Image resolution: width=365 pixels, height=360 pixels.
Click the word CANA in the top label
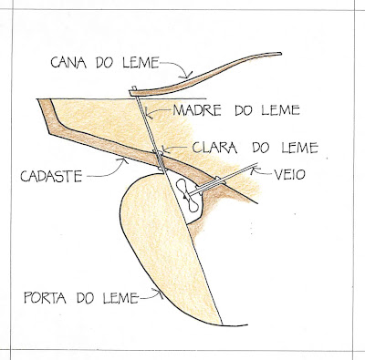[x=68, y=62]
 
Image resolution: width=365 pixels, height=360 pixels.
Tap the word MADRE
[x=197, y=110]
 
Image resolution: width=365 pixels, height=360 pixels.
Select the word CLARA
[x=214, y=148]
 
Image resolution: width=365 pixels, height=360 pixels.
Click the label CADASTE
[x=51, y=176]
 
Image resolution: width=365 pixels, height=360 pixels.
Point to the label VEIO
[x=289, y=174]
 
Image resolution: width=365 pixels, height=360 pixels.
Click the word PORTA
[x=46, y=298]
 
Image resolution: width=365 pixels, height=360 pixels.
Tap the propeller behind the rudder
[x=188, y=195]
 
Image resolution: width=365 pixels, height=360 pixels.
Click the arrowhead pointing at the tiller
[x=188, y=75]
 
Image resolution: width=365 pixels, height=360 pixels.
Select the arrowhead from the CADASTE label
[x=124, y=161]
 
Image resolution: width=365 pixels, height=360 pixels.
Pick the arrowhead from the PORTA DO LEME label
[x=160, y=293]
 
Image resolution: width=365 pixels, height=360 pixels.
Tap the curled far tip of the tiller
[x=280, y=54]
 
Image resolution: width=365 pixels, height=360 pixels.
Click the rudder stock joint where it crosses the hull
[x=160, y=159]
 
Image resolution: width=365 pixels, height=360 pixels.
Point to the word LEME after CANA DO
[x=141, y=62]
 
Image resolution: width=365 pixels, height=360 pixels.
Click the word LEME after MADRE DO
[x=280, y=110]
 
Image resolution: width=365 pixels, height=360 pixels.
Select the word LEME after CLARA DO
[x=299, y=148]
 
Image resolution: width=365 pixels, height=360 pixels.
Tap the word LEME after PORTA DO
[x=120, y=298]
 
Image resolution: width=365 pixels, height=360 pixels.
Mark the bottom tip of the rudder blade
[x=222, y=324]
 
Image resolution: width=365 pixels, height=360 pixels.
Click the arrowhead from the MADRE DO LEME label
[x=147, y=114]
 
